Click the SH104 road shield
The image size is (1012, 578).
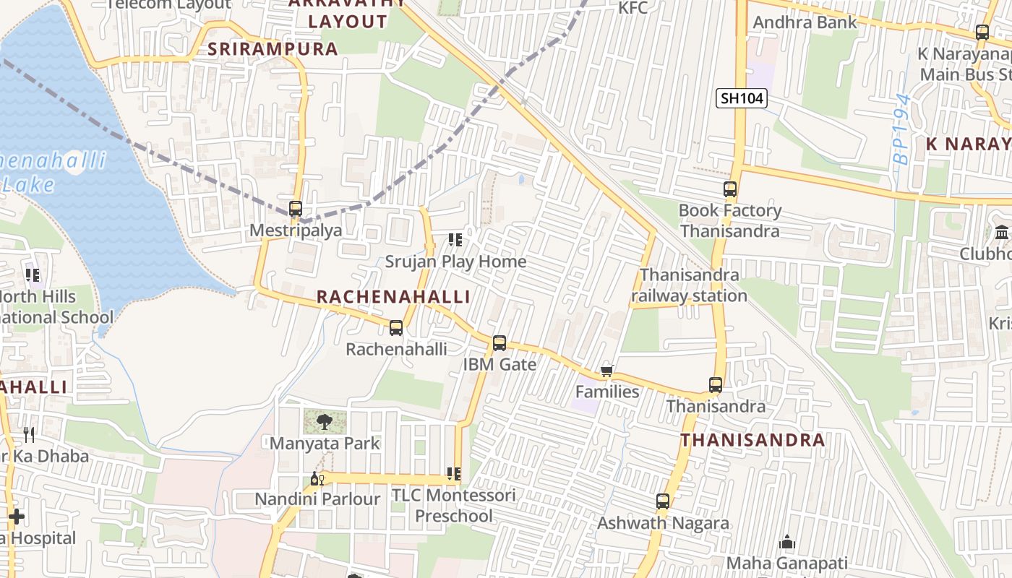pyautogui.click(x=742, y=98)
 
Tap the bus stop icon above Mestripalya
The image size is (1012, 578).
pyautogui.click(x=295, y=209)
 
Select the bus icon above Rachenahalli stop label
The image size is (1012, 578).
pyautogui.click(x=395, y=328)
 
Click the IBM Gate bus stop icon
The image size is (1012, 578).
pyautogui.click(x=499, y=343)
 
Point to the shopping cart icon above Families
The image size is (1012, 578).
pyautogui.click(x=606, y=371)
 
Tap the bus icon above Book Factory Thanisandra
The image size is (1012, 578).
pyautogui.click(x=730, y=189)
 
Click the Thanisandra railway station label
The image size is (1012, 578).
pyautogui.click(x=689, y=285)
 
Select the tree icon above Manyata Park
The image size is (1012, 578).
pyautogui.click(x=325, y=421)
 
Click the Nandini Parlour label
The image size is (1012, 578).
pyautogui.click(x=317, y=499)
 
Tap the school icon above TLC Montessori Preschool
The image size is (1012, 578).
pyautogui.click(x=454, y=474)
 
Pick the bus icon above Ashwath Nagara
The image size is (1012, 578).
pyautogui.click(x=662, y=501)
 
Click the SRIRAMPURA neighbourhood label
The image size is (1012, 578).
pyautogui.click(x=273, y=49)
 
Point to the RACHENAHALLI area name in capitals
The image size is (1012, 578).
pyautogui.click(x=393, y=297)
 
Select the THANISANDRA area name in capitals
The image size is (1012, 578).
pyautogui.click(x=752, y=440)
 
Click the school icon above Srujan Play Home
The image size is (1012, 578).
pyautogui.click(x=455, y=239)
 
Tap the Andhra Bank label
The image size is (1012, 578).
pyautogui.click(x=805, y=22)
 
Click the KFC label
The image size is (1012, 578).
pyautogui.click(x=633, y=8)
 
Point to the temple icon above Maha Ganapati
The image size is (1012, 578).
pyautogui.click(x=787, y=542)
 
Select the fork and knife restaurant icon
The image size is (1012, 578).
pyautogui.click(x=29, y=434)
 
